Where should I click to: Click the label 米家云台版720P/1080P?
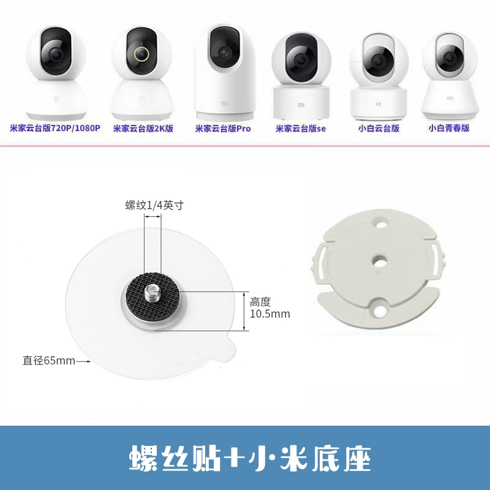[55, 128]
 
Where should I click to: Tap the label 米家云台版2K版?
[143, 129]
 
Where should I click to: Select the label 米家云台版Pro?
[223, 129]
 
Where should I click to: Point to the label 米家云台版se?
[300, 129]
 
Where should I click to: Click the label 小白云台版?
[379, 128]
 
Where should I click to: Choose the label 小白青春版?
[449, 128]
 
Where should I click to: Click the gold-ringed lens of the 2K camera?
[142, 54]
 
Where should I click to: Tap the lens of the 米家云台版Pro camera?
[225, 52]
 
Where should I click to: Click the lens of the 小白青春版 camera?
[450, 58]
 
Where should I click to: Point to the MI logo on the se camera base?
[301, 105]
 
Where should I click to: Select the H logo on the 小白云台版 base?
[379, 104]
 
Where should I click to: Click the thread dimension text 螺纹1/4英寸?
[155, 205]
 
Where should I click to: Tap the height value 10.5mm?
[270, 314]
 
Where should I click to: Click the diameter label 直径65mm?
[49, 361]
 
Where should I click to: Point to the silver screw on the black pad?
[152, 293]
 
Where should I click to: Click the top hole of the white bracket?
[380, 224]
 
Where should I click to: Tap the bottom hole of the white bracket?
[380, 311]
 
